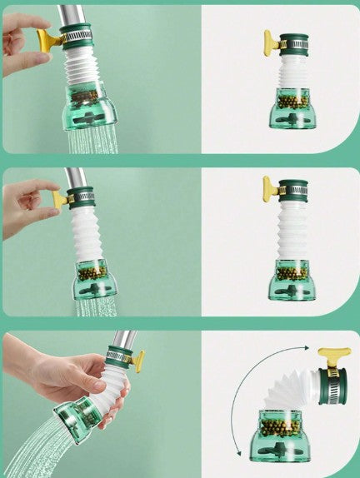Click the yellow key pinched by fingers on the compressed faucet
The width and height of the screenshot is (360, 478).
click(x=48, y=39)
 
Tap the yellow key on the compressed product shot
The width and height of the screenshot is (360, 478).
click(x=272, y=42)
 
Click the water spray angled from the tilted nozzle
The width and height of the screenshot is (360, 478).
click(x=33, y=450)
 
